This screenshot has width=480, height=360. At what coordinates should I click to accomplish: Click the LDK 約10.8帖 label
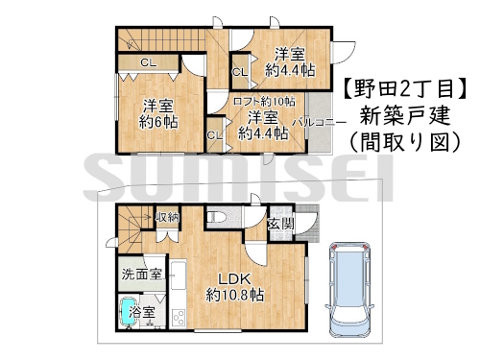[235, 287]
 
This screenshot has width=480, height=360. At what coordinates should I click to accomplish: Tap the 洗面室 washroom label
[142, 275]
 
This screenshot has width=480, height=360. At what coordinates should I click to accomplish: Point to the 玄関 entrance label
[280, 224]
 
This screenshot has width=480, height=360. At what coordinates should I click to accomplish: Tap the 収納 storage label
[167, 217]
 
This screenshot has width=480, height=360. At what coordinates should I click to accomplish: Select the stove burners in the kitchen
[178, 318]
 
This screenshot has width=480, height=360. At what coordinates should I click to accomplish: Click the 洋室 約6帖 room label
[158, 113]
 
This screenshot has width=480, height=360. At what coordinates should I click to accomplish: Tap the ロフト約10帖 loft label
[264, 102]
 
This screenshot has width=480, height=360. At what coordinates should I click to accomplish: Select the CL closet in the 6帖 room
[149, 63]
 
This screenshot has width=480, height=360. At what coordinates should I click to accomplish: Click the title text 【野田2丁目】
[405, 88]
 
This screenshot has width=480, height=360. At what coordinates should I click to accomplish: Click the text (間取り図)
[405, 141]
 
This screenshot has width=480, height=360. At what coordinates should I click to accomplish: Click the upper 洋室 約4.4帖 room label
[290, 61]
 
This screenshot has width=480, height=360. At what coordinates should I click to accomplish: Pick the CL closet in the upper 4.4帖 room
[240, 72]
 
